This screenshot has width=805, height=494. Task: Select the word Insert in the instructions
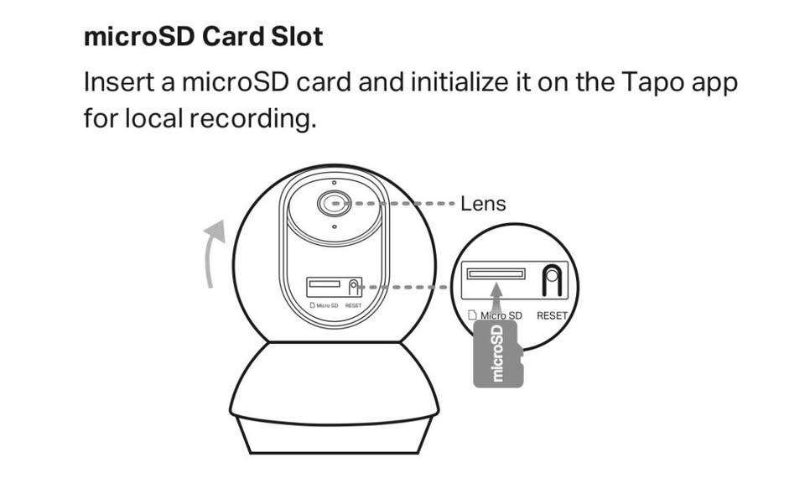(119, 82)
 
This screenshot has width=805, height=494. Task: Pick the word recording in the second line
(252, 119)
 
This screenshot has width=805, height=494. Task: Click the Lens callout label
(483, 204)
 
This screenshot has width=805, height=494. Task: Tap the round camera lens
(335, 203)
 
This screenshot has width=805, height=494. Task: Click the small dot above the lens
(335, 182)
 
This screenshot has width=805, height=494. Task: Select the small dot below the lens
(335, 226)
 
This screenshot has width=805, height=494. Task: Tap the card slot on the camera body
(325, 284)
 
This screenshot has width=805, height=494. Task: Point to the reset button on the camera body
(353, 287)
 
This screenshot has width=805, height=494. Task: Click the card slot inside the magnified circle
(496, 273)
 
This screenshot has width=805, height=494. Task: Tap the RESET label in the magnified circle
(552, 316)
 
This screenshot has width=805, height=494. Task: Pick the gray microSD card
(498, 354)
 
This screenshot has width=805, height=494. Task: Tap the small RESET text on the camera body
(353, 305)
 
